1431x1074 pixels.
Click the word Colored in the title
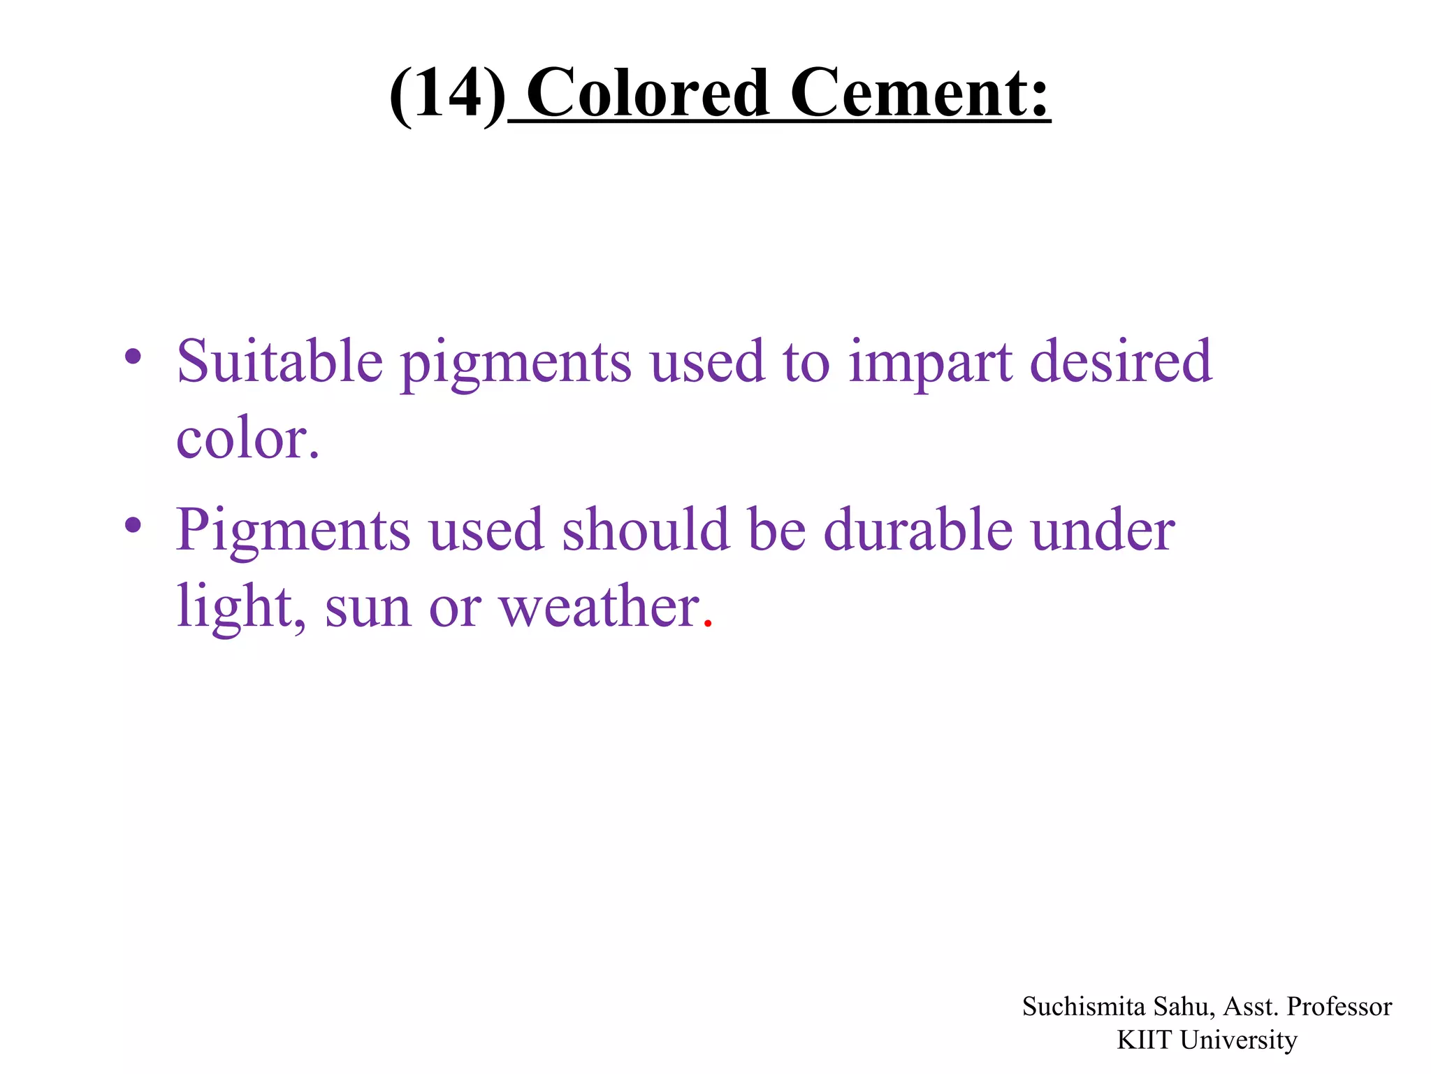tap(648, 93)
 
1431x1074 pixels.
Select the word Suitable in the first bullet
tap(279, 361)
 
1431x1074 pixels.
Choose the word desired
tap(1121, 361)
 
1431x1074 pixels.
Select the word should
tap(646, 529)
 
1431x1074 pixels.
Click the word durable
tap(917, 529)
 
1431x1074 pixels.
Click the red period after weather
tap(708, 622)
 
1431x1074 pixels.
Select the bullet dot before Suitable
tap(133, 357)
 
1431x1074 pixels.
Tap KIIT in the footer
tap(1145, 1040)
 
